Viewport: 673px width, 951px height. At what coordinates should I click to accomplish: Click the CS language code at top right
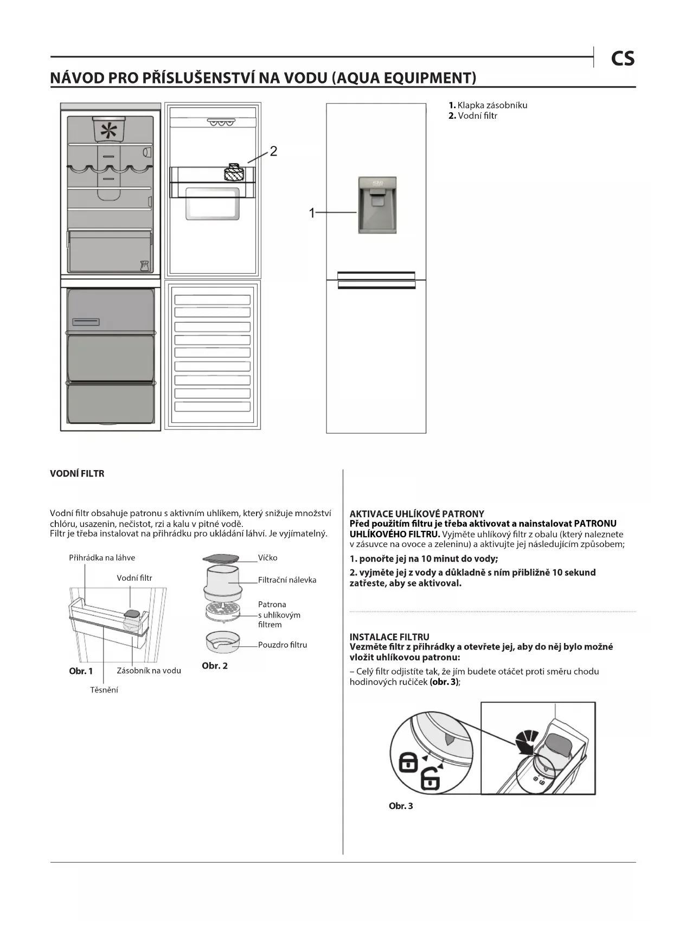point(622,59)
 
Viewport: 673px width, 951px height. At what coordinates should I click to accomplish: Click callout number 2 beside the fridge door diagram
point(273,151)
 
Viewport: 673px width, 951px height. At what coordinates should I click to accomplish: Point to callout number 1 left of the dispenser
point(312,213)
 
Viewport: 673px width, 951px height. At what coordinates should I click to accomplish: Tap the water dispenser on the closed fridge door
point(377,205)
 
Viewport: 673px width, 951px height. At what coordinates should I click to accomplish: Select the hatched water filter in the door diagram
point(234,173)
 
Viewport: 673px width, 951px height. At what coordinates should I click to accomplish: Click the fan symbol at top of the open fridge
point(109,131)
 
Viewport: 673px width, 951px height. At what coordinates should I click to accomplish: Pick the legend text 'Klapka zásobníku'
point(492,105)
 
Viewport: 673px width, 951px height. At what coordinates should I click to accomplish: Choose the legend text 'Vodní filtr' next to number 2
point(477,115)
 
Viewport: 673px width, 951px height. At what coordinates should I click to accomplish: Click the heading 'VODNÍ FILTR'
point(77,473)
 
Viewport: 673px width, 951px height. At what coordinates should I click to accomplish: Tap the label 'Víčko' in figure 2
point(267,557)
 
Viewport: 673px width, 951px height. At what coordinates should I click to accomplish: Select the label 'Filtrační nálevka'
point(287,580)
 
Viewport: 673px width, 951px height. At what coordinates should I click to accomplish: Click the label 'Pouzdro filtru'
point(283,645)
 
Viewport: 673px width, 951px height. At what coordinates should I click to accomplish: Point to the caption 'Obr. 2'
point(215,666)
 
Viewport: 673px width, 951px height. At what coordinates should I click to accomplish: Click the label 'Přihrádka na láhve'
point(102,557)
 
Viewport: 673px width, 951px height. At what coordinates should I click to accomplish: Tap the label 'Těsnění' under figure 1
point(104,690)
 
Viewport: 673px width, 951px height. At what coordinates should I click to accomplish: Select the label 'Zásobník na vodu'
point(149,671)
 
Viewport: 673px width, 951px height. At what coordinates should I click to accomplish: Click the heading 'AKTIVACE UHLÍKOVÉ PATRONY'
point(416,513)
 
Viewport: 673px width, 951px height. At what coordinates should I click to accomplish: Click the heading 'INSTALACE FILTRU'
point(389,637)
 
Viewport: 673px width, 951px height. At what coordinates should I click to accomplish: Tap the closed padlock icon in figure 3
point(408,762)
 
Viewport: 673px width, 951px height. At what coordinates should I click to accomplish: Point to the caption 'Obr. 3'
point(401,806)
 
